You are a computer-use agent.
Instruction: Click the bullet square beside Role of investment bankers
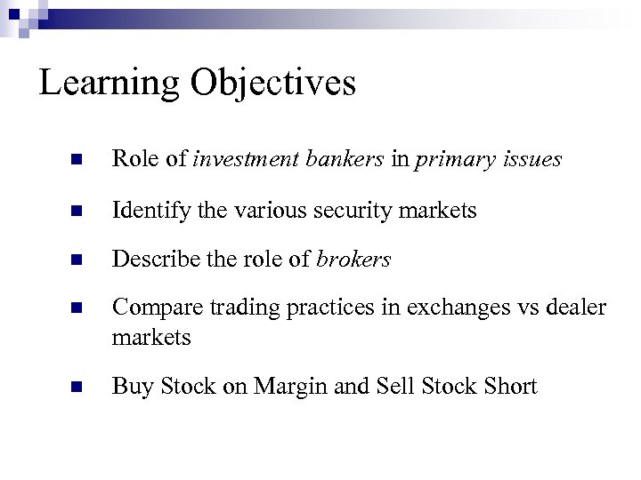click(x=77, y=161)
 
